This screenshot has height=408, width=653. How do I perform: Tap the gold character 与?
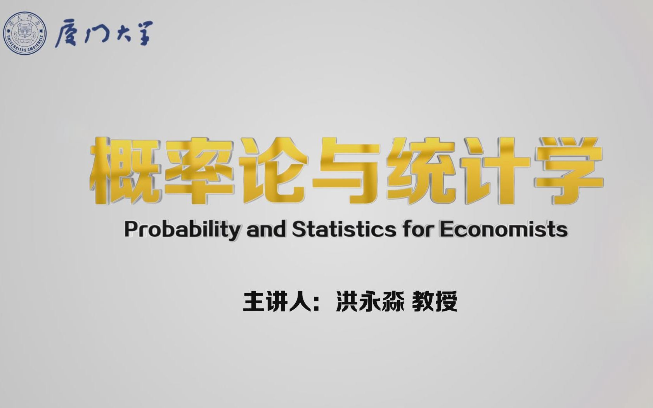pos(346,170)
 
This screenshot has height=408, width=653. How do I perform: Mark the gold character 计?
pos(495,170)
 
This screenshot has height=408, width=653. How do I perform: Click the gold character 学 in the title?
pos(567,170)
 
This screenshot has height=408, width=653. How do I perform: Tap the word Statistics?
pos(344,230)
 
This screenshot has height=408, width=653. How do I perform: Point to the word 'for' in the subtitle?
pos(417,230)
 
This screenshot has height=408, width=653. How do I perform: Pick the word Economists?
pos(503,230)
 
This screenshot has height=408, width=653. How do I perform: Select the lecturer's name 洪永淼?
pos(369,301)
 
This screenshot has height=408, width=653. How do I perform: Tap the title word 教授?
pos(435,301)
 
